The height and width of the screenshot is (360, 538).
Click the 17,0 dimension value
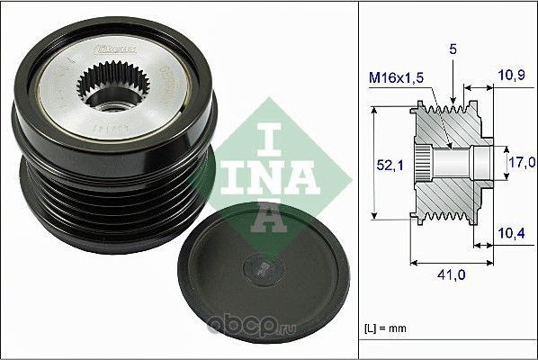522,163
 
